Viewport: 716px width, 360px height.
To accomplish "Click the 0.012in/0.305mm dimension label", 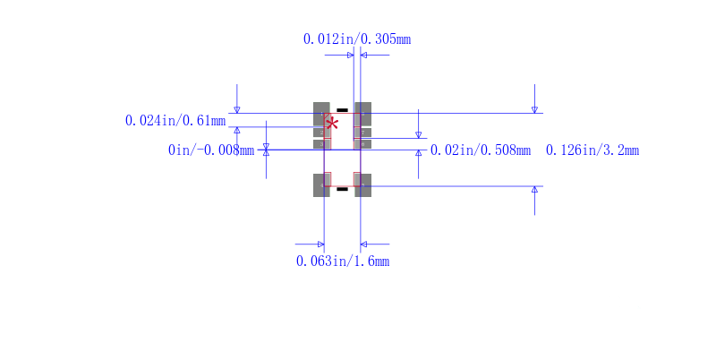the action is coord(357,39).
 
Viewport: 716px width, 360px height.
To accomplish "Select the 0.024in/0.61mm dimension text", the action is coord(175,121).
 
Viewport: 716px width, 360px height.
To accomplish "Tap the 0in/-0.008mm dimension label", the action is coord(211,150).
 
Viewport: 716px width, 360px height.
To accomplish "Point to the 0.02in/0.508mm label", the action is coord(481,150).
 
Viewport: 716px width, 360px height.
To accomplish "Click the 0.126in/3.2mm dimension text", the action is coord(592,150).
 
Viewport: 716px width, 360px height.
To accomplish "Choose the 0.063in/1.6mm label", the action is coord(343,261).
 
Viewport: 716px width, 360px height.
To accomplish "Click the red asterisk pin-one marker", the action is coord(332,124).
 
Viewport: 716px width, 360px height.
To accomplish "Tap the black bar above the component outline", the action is coord(342,110).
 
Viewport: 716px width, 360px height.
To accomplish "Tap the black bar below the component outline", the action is coord(342,189).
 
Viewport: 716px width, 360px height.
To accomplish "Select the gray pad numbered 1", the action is coord(321,114).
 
